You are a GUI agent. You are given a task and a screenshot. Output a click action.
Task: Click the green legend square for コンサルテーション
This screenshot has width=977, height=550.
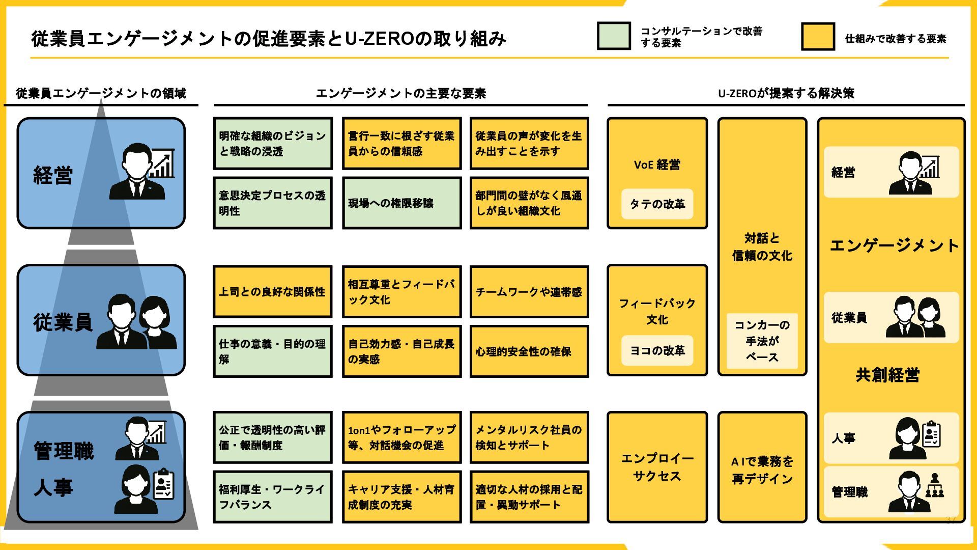[614, 36]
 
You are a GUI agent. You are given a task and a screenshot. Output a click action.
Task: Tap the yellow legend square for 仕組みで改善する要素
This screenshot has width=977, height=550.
[818, 37]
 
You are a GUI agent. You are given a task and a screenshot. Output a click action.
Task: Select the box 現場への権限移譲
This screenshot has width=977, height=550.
[401, 203]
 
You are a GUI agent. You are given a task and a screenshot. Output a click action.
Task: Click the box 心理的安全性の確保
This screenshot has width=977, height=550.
[529, 351]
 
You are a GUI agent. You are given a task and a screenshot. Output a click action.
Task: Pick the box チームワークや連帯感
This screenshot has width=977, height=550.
[529, 292]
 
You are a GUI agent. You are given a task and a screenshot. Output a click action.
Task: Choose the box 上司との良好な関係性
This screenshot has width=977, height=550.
[272, 292]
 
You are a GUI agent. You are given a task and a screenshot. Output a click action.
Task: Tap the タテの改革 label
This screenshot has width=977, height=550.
[657, 204]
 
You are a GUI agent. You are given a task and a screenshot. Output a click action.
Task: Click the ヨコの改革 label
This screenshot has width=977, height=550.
[657, 351]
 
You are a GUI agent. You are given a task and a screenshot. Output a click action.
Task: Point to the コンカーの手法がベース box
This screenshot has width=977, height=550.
[762, 341]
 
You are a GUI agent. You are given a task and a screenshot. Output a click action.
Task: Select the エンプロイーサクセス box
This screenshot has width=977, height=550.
[657, 467]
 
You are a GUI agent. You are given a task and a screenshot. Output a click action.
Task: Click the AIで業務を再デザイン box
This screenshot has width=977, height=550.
[762, 470]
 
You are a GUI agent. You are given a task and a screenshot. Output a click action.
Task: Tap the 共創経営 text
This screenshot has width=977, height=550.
[887, 375]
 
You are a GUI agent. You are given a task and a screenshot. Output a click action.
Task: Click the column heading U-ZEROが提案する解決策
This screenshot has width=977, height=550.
[786, 93]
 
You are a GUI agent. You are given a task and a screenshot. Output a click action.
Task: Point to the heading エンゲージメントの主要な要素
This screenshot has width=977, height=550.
[401, 93]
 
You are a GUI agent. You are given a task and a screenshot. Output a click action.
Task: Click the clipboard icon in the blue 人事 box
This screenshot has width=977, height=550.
[164, 484]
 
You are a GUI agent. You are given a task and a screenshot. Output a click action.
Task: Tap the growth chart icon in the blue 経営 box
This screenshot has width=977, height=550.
[162, 164]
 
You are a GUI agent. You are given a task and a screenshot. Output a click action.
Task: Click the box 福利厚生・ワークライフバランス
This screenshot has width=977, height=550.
[272, 497]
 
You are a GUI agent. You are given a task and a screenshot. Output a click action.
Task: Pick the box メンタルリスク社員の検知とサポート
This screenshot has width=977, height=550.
[529, 437]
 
